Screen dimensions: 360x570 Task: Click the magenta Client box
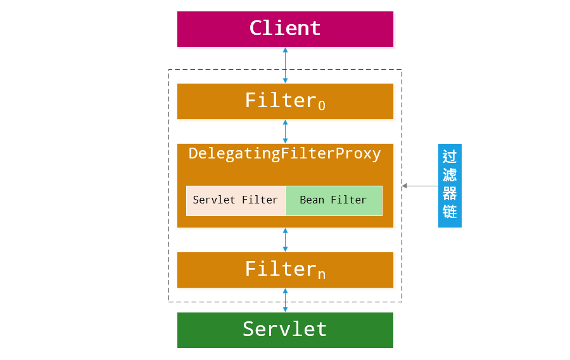click(x=285, y=29)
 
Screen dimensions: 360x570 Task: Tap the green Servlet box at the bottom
click(x=285, y=330)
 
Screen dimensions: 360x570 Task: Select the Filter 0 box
click(x=285, y=101)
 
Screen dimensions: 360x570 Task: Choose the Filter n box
click(x=285, y=270)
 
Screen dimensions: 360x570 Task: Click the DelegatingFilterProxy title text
click(x=285, y=154)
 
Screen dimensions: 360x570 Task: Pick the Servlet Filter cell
click(x=236, y=200)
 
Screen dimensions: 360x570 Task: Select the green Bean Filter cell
click(x=334, y=200)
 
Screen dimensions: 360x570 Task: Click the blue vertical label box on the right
click(x=450, y=186)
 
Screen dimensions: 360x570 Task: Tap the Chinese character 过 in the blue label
click(x=450, y=157)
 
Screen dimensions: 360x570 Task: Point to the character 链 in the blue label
click(x=450, y=212)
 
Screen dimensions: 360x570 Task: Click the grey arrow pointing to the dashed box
click(x=420, y=186)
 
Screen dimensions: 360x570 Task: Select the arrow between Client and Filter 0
click(x=285, y=65)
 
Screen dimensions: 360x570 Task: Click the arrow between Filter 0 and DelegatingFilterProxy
click(x=285, y=131)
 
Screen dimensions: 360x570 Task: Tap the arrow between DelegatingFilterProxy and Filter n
click(x=285, y=240)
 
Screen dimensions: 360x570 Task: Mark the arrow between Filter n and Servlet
click(x=285, y=300)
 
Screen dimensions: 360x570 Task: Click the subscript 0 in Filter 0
click(x=322, y=106)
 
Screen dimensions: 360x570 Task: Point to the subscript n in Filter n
click(x=322, y=275)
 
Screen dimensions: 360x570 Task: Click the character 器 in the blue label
click(x=450, y=194)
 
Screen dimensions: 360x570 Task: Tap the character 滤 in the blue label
click(x=450, y=175)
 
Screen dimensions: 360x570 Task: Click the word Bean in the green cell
click(x=312, y=200)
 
